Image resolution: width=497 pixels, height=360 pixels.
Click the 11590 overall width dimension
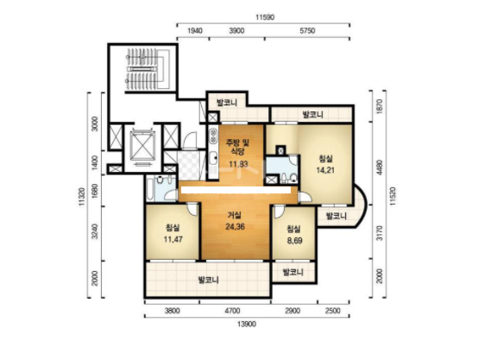(x=265, y=17)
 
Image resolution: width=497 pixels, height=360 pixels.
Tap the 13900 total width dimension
(x=247, y=324)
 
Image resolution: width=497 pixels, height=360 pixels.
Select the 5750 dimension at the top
(x=307, y=31)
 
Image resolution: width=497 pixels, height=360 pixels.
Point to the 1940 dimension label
(x=195, y=31)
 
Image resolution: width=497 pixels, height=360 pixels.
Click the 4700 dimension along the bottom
(x=232, y=311)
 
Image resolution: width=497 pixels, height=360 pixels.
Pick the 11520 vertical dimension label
(x=393, y=197)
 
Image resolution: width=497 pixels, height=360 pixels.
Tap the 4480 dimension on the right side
(x=380, y=168)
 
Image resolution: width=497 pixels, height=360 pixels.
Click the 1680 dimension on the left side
(x=94, y=191)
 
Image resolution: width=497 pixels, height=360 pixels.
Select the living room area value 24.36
(x=236, y=227)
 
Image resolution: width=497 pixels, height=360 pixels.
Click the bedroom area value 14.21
(x=325, y=170)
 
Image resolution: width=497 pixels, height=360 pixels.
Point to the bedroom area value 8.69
(x=294, y=241)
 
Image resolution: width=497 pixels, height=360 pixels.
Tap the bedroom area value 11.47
(x=173, y=239)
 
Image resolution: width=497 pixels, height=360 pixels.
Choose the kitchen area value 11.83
(x=238, y=164)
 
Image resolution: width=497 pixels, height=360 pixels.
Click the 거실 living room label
(x=235, y=215)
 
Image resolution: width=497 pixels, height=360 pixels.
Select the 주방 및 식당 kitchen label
(x=238, y=147)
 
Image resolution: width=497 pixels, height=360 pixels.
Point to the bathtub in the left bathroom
(x=150, y=189)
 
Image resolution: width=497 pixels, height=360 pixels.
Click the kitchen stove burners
(x=212, y=136)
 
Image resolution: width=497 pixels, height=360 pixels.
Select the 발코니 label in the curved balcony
(x=337, y=217)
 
